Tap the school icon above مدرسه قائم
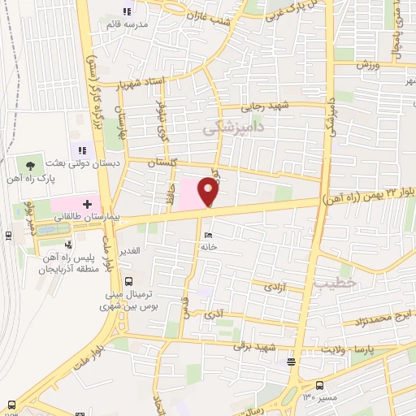(x=126, y=11)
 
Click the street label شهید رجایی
(x=265, y=106)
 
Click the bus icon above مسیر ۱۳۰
(x=320, y=386)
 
